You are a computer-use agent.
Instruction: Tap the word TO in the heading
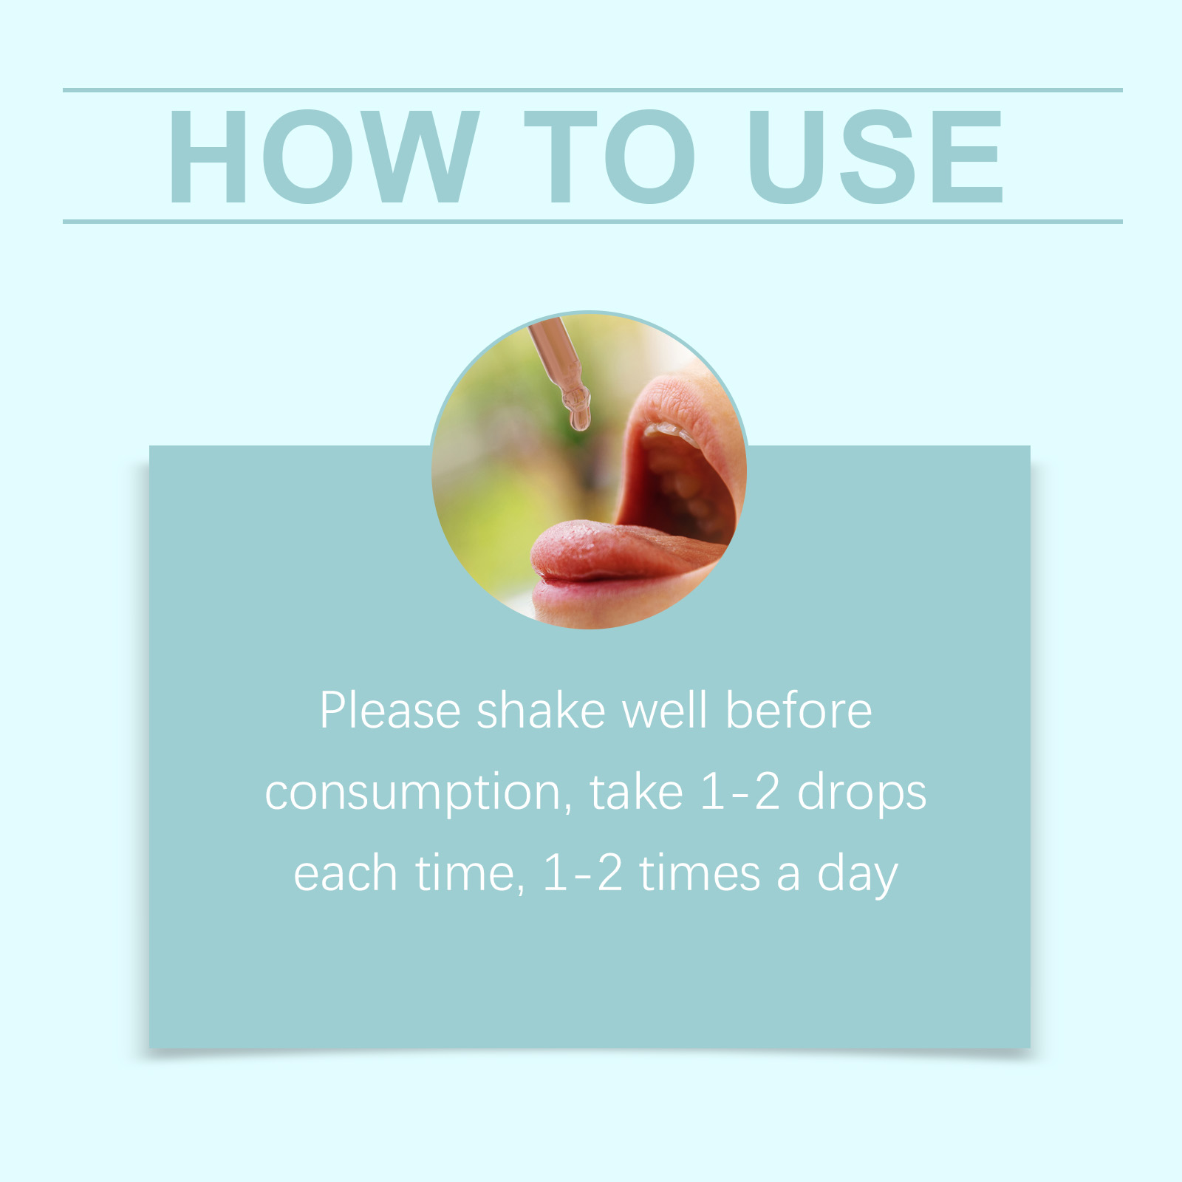pos(609,157)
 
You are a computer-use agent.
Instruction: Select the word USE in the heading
pos(875,157)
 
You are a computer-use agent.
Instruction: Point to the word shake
pos(542,711)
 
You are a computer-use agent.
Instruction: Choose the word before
pos(799,711)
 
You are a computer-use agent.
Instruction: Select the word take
pos(636,792)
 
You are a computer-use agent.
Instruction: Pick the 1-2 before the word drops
pos(740,792)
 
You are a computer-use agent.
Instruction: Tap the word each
pos(346,873)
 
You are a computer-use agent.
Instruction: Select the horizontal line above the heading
pos(592,90)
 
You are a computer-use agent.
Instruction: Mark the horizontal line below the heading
pos(592,221)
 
